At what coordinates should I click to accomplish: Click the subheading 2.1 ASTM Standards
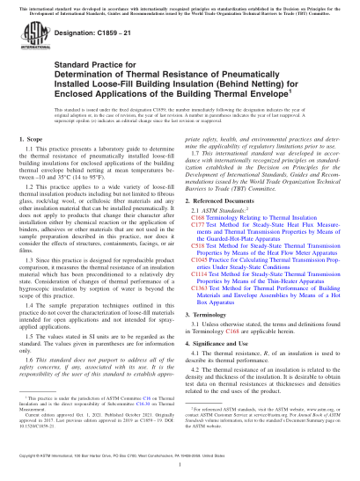tap(220, 212)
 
